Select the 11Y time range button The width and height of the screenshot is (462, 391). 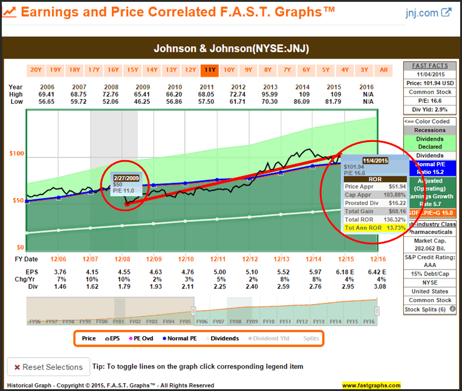click(x=210, y=69)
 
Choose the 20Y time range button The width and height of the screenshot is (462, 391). click(x=36, y=69)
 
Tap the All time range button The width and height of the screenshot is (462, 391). click(x=383, y=69)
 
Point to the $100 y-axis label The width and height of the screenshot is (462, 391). click(x=16, y=153)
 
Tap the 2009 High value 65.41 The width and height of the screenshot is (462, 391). click(x=142, y=94)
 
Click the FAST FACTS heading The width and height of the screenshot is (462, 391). click(x=431, y=65)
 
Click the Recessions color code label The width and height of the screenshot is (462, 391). click(x=431, y=130)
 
